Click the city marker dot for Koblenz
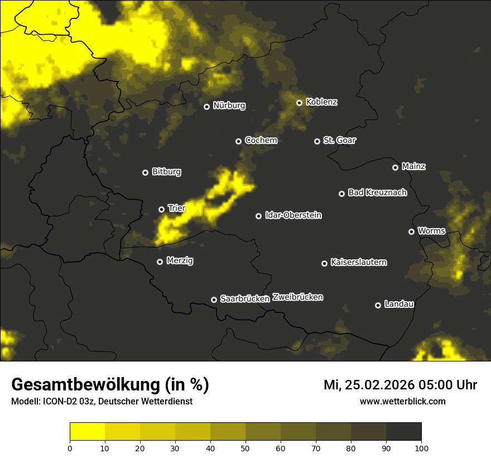click(300, 103)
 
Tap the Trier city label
click(176, 208)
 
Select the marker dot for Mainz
click(396, 167)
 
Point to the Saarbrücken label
click(245, 298)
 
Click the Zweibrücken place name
click(298, 297)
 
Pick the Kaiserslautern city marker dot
click(324, 263)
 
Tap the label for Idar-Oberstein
click(293, 215)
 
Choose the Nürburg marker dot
click(207, 107)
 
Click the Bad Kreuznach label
click(377, 192)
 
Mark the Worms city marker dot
click(412, 231)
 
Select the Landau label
click(399, 304)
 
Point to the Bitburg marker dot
click(146, 173)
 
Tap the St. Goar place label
click(339, 140)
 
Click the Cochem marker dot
click(239, 142)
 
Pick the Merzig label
click(179, 261)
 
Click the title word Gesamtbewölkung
click(85, 385)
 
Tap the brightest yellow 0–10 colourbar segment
click(87, 432)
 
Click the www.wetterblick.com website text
click(403, 401)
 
